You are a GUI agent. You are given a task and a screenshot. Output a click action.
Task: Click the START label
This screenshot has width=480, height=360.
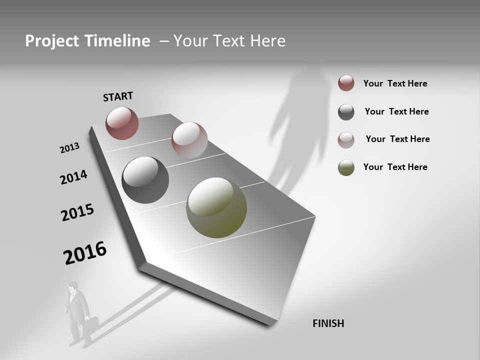(118, 96)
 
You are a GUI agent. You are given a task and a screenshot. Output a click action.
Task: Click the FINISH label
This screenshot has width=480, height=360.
(328, 323)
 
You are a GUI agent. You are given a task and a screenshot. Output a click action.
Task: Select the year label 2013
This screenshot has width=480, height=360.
(69, 148)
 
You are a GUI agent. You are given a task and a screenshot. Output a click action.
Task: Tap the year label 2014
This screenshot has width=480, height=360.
(73, 177)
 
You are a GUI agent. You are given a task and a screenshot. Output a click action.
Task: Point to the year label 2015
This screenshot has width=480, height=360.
(77, 212)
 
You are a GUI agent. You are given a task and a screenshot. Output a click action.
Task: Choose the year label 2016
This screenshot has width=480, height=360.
(85, 253)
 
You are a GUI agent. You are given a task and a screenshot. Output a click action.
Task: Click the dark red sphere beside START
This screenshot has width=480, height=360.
(122, 123)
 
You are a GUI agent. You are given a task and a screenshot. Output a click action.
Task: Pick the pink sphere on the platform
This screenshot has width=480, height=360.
(189, 139)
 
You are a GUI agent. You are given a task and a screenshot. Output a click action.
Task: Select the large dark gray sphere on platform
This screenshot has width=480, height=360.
(145, 180)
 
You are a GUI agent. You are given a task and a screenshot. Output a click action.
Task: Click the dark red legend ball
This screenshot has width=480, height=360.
(346, 83)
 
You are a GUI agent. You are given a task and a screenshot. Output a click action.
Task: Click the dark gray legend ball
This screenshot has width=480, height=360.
(346, 112)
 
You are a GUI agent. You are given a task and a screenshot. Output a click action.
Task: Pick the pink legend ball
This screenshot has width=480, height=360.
(346, 139)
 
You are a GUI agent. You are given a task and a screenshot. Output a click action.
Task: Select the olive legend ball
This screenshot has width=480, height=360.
(346, 167)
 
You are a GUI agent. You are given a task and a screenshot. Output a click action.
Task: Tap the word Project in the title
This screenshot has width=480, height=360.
(50, 41)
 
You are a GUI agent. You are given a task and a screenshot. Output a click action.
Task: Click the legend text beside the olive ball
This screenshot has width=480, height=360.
(395, 167)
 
